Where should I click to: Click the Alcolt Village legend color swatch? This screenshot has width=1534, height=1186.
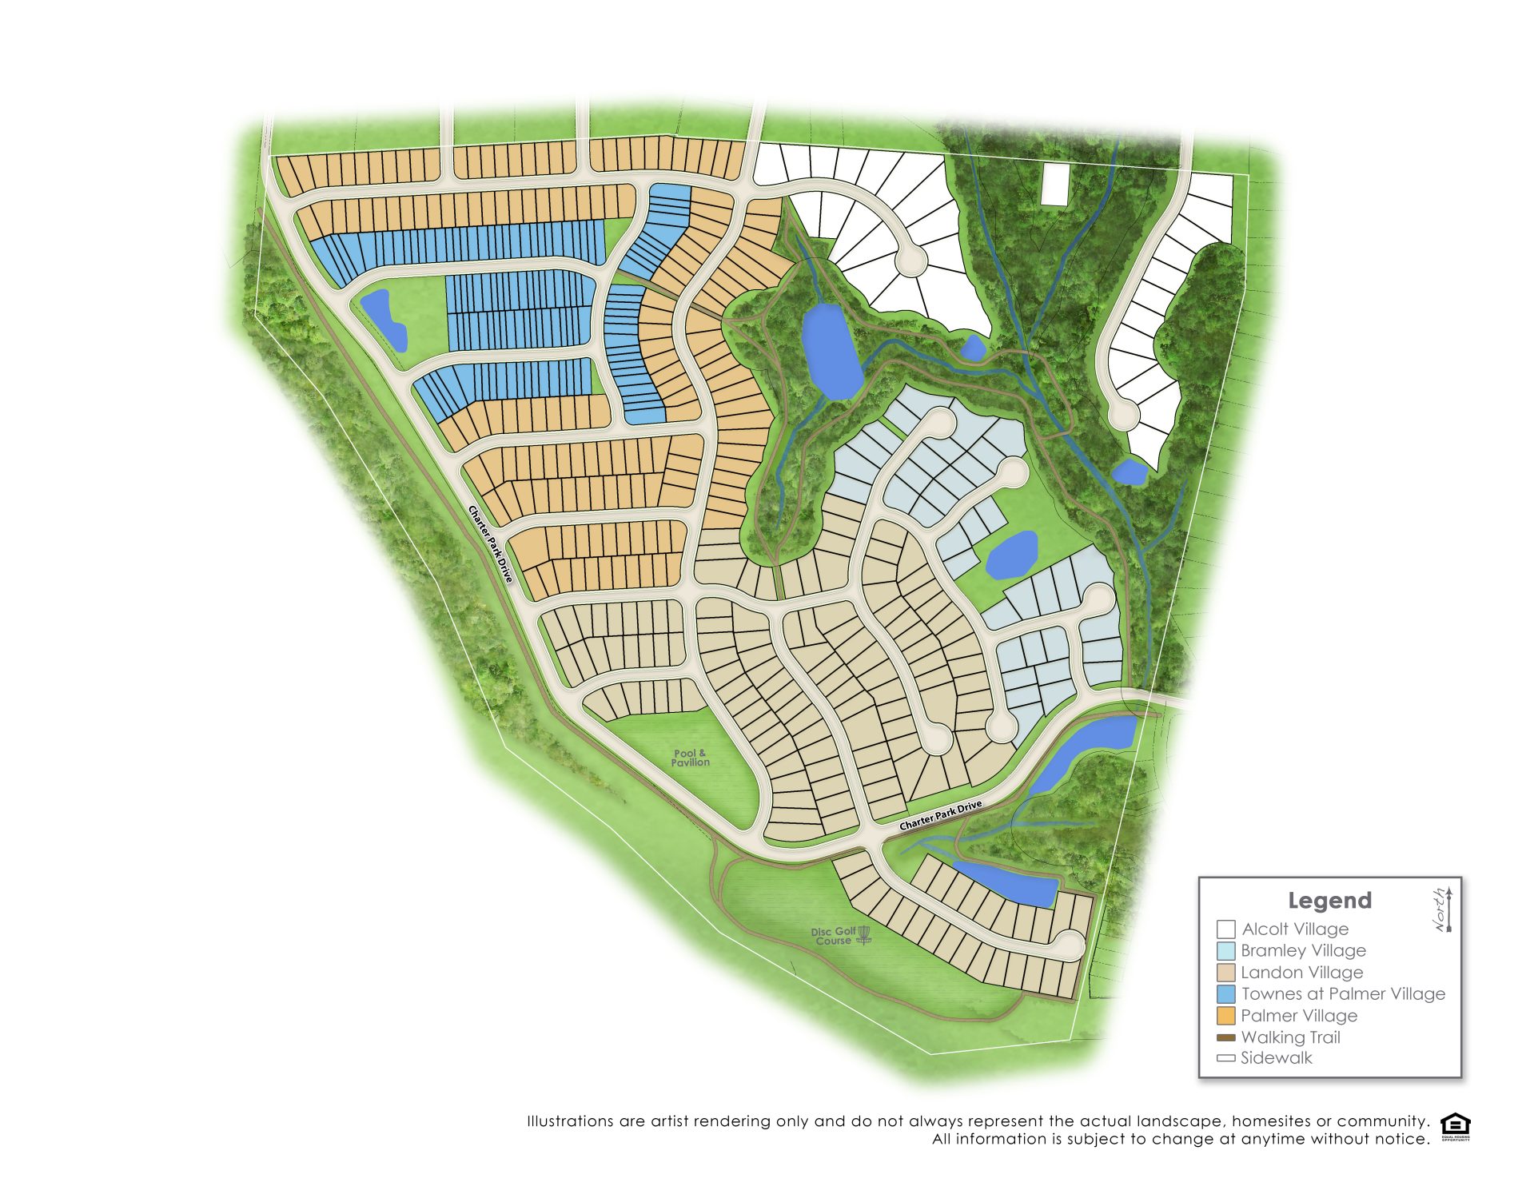tap(1225, 929)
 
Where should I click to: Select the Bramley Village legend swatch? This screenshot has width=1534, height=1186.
tap(1225, 950)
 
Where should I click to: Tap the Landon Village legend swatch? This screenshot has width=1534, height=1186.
tap(1225, 973)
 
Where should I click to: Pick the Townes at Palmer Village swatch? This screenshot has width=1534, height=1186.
tap(1225, 994)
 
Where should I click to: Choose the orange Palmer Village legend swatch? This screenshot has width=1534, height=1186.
tap(1225, 1016)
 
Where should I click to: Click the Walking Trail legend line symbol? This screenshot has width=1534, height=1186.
tap(1225, 1037)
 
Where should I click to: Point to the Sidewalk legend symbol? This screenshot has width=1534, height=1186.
tap(1225, 1058)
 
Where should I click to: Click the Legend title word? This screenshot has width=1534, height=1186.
tap(1329, 901)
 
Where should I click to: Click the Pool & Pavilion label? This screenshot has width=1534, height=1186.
tap(690, 758)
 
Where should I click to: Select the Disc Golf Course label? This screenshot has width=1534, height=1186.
tap(833, 936)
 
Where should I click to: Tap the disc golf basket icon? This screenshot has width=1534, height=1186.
tap(863, 934)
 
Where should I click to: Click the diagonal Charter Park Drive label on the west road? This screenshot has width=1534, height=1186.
tap(490, 543)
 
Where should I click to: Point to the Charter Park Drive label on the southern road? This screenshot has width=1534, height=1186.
tap(940, 815)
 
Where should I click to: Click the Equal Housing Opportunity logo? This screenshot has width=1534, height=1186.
tap(1455, 1127)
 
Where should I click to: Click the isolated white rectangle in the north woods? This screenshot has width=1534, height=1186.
tap(1055, 185)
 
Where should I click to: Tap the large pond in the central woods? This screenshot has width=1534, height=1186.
tap(831, 352)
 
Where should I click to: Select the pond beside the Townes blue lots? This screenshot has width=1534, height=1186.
tap(384, 320)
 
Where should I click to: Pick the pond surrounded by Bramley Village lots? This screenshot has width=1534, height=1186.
tap(1011, 555)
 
